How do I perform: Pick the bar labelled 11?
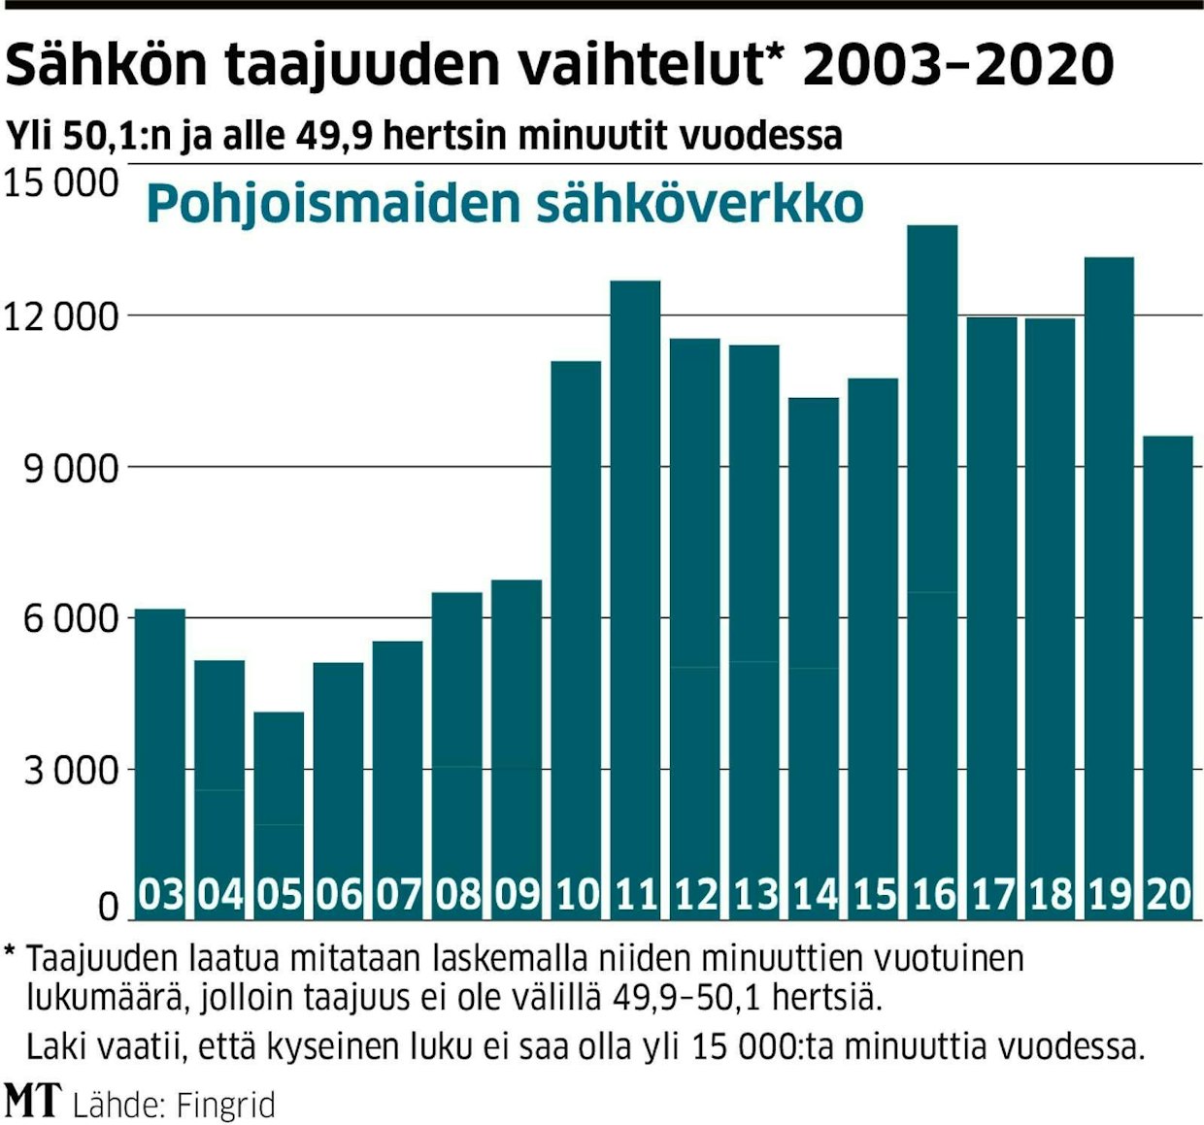(636, 582)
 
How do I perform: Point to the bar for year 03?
(160, 747)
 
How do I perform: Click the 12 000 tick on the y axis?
(62, 316)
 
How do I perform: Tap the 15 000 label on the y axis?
(62, 183)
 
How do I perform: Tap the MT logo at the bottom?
(33, 1101)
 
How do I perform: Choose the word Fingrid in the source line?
(227, 1105)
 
